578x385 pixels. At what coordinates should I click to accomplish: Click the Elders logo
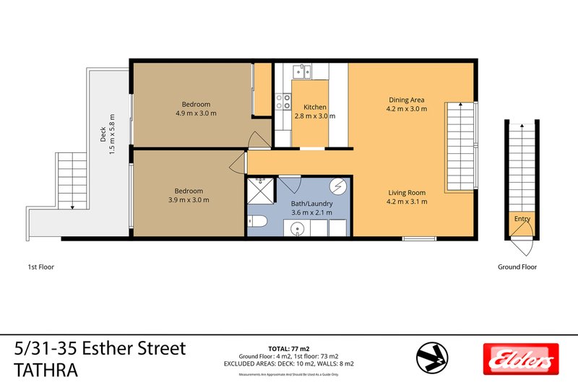(518, 358)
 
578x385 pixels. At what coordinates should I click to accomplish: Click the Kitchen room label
(315, 106)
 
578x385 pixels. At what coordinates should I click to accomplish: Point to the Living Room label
(406, 193)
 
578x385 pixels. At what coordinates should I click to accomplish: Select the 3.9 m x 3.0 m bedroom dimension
(186, 199)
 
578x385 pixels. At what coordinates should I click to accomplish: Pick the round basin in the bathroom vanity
(297, 230)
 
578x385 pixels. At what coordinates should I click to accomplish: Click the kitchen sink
(301, 71)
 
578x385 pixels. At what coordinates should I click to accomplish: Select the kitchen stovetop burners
(282, 102)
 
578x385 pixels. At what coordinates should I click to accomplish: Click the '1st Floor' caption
(36, 267)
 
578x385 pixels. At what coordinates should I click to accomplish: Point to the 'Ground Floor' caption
(517, 267)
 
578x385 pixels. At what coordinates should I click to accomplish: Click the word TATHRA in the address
(45, 369)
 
